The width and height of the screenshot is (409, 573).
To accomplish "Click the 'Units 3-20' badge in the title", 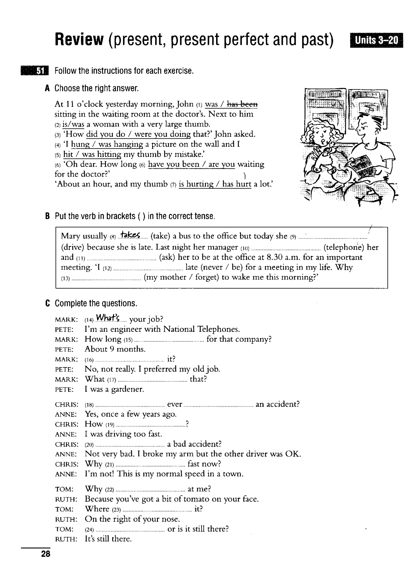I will [376, 40].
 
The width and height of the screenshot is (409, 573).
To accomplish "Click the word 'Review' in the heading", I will [79, 40].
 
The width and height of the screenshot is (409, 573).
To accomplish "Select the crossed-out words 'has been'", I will [242, 104].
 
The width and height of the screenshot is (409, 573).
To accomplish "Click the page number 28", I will [46, 554].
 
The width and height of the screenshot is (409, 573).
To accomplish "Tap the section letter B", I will [47, 216].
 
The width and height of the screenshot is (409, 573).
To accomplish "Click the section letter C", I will [47, 303].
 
